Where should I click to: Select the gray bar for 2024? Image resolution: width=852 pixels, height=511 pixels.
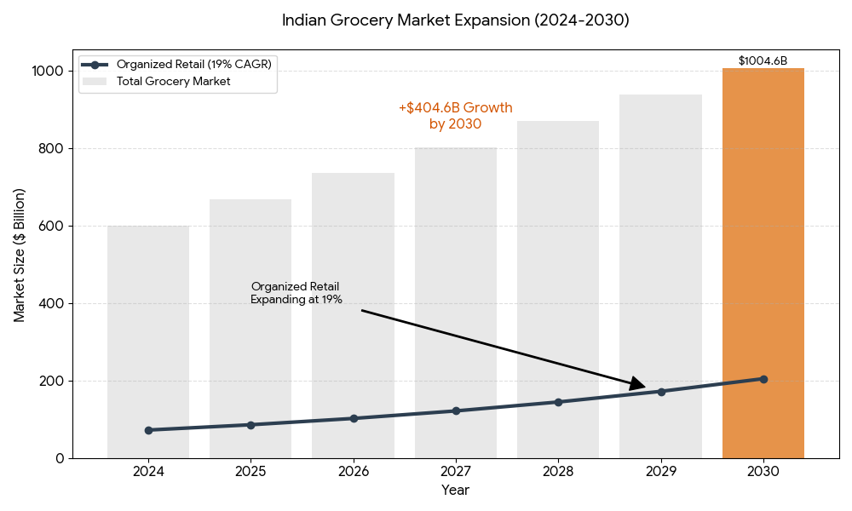pyautogui.click(x=148, y=342)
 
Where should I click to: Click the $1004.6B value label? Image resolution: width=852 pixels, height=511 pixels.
pyautogui.click(x=763, y=60)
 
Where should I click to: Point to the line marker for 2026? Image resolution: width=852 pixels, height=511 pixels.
pyautogui.click(x=354, y=418)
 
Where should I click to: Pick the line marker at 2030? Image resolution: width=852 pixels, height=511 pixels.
pyautogui.click(x=763, y=379)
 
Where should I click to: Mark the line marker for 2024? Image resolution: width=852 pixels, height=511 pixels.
pyautogui.click(x=148, y=430)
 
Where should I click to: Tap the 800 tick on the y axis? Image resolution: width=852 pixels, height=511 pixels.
pyautogui.click(x=52, y=148)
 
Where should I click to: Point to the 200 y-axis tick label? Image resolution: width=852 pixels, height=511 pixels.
pyautogui.click(x=52, y=381)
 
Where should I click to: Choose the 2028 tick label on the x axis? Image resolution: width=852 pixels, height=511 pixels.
pyautogui.click(x=558, y=470)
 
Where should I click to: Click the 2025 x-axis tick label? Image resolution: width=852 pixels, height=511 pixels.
pyautogui.click(x=250, y=470)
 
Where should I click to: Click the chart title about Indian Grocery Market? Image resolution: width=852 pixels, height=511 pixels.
pyautogui.click(x=455, y=20)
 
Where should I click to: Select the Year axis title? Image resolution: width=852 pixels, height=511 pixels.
pyautogui.click(x=455, y=491)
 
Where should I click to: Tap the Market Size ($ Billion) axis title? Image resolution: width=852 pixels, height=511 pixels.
pyautogui.click(x=20, y=255)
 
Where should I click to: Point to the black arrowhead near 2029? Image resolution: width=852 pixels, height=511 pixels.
pyautogui.click(x=637, y=386)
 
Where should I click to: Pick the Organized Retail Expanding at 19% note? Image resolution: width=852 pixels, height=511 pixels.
pyautogui.click(x=296, y=293)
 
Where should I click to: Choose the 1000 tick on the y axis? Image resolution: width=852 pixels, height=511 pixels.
pyautogui.click(x=49, y=71)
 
